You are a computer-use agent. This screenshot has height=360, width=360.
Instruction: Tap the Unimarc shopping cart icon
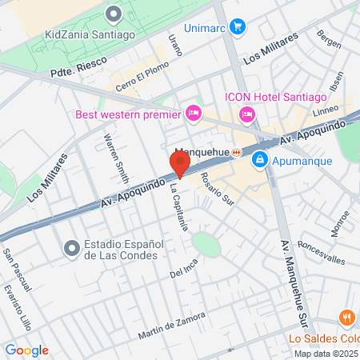237,26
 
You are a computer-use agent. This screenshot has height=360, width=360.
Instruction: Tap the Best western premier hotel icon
193,114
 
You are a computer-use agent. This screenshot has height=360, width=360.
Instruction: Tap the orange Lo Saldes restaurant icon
346,317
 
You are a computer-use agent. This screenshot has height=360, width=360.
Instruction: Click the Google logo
26,350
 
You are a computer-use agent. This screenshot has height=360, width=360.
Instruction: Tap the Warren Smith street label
116,157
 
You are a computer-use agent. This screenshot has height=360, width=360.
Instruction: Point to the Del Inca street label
184,274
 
